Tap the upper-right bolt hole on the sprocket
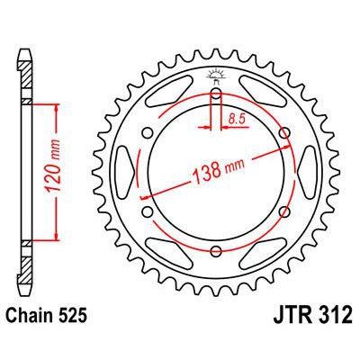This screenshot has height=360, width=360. [x=285, y=135]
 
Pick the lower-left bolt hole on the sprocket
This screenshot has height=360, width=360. [x=147, y=214]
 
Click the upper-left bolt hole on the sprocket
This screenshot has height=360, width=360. [x=147, y=135]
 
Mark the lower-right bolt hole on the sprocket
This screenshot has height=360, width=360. [x=285, y=214]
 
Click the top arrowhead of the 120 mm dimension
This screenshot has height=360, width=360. [x=58, y=107]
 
